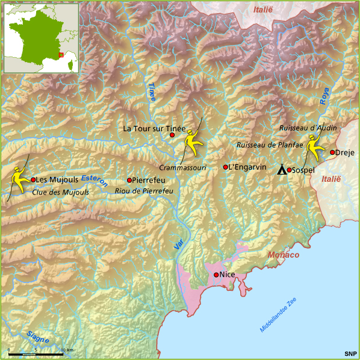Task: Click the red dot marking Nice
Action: pyautogui.click(x=216, y=275)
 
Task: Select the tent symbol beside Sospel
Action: pyautogui.click(x=281, y=169)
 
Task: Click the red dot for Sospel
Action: pyautogui.click(x=289, y=170)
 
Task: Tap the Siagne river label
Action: pyautogui.click(x=37, y=337)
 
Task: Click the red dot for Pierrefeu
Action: pyautogui.click(x=129, y=180)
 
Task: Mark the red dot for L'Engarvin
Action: pyautogui.click(x=226, y=167)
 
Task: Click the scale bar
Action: pyautogui.click(x=36, y=354)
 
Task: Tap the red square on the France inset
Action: pyautogui.click(x=61, y=56)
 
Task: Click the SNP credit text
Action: pyautogui.click(x=350, y=353)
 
